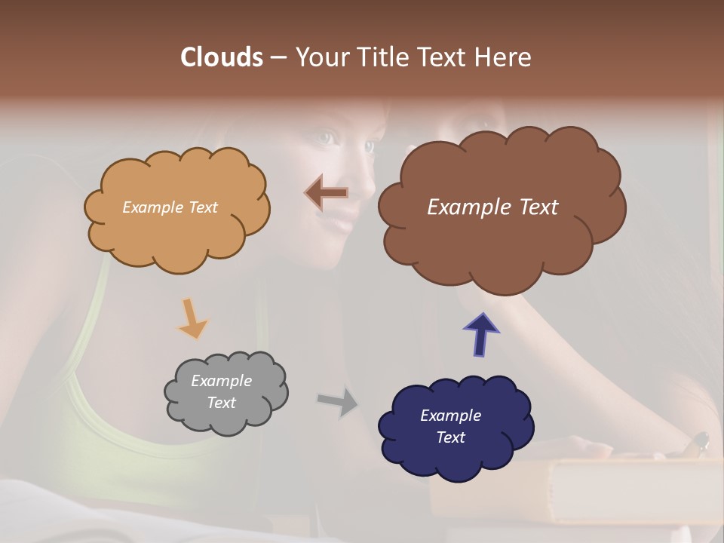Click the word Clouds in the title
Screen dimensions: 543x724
pyautogui.click(x=221, y=57)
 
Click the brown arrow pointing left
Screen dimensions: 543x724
pyautogui.click(x=327, y=194)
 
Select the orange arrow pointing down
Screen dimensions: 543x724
pyautogui.click(x=192, y=318)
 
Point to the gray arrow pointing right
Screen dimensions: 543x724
pyautogui.click(x=338, y=401)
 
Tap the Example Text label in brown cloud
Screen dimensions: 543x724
pyautogui.click(x=492, y=207)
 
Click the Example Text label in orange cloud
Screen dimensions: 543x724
pyautogui.click(x=170, y=207)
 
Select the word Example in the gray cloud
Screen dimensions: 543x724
pyautogui.click(x=221, y=381)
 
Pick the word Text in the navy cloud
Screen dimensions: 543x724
pyautogui.click(x=450, y=437)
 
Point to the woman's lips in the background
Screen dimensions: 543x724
pyautogui.click(x=343, y=219)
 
